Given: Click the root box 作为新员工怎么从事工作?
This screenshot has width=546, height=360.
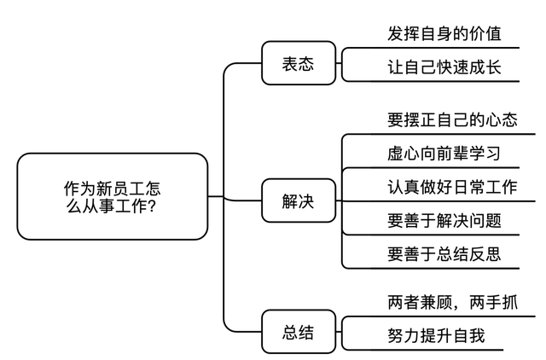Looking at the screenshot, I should tap(112, 196).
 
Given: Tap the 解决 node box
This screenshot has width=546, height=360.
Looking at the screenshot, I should tap(298, 202).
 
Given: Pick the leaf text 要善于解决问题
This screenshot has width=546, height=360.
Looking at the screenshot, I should tap(444, 221).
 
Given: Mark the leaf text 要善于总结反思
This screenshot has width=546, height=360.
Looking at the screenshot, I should tap(444, 254).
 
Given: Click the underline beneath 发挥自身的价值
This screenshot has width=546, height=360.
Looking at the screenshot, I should tap(430, 48).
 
